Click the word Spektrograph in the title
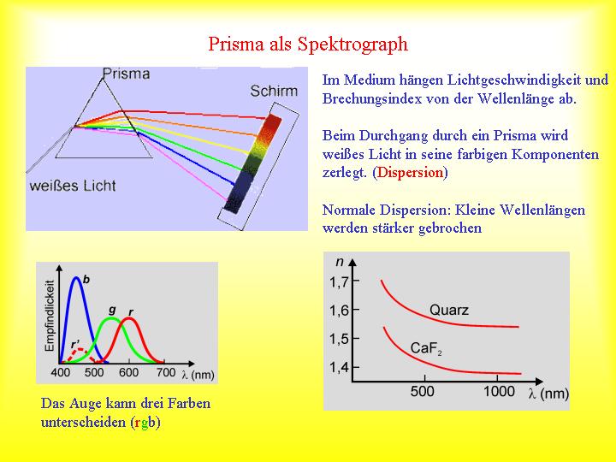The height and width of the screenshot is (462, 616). click(352, 44)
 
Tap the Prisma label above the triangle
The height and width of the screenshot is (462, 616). click(126, 74)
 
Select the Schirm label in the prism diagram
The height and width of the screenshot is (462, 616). click(275, 92)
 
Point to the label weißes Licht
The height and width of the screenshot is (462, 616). click(73, 186)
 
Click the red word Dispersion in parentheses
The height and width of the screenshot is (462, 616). click(410, 173)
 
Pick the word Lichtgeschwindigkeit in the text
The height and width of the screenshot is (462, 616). click(489, 80)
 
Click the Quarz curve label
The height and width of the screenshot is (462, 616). click(449, 310)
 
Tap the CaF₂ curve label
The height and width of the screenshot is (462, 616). click(426, 348)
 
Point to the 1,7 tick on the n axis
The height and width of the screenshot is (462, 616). click(339, 281)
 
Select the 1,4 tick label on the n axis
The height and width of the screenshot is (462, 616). click(339, 368)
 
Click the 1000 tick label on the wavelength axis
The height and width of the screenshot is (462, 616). click(499, 391)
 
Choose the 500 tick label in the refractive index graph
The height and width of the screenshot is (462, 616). click(423, 391)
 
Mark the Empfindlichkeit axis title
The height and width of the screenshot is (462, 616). click(49, 316)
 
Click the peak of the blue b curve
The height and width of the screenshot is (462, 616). click(76, 277)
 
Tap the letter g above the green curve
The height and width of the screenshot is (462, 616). click(112, 310)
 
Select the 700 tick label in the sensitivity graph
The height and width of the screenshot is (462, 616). click(166, 372)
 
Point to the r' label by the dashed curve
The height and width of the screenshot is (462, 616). click(75, 345)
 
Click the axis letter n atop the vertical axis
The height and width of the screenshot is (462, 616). click(340, 262)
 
